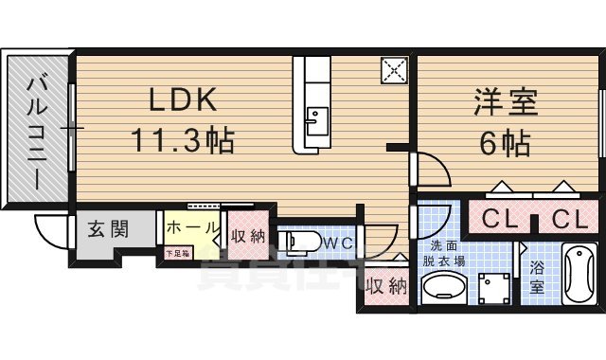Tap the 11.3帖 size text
[x=182, y=143]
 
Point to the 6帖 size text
[x=505, y=144]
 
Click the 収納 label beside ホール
[x=247, y=235]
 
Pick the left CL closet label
[x=500, y=221]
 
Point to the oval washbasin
[x=442, y=287]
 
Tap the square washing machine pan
[x=492, y=287]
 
